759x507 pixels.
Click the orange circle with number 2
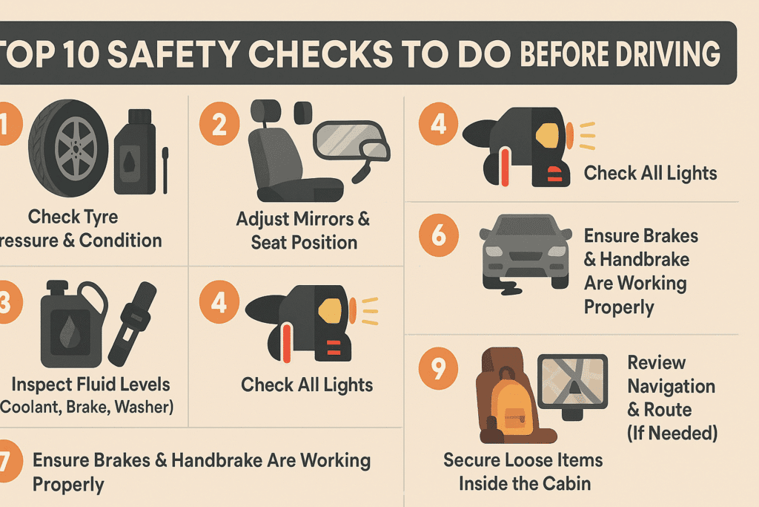(x=219, y=124)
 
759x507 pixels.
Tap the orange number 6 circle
(x=439, y=235)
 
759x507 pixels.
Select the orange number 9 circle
(x=439, y=368)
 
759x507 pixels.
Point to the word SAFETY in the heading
(x=173, y=53)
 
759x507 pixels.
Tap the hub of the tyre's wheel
(x=75, y=148)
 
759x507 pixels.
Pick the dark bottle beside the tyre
(x=135, y=151)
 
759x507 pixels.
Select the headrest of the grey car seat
(x=265, y=111)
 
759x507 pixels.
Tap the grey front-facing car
(x=526, y=252)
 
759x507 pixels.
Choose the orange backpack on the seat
(x=513, y=404)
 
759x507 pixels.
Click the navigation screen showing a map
(x=573, y=382)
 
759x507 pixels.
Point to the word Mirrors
(x=325, y=219)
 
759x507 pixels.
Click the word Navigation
(x=672, y=386)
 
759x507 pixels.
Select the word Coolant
(x=30, y=407)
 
